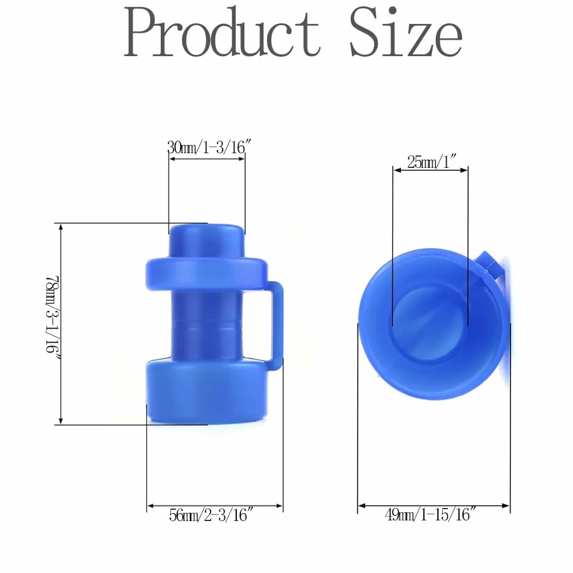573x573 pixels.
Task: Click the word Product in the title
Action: point(222,32)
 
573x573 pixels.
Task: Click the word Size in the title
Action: point(406,32)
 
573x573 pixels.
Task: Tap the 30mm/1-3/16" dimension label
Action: point(209,147)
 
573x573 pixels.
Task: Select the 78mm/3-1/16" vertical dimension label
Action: point(52,314)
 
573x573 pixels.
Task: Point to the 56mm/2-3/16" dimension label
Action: point(211,515)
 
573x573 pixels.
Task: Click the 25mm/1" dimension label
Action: point(432,161)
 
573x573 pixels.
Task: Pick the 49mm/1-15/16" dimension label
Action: point(430,515)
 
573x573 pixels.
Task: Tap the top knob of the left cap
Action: point(206,240)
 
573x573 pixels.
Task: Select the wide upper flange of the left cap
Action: point(206,274)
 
